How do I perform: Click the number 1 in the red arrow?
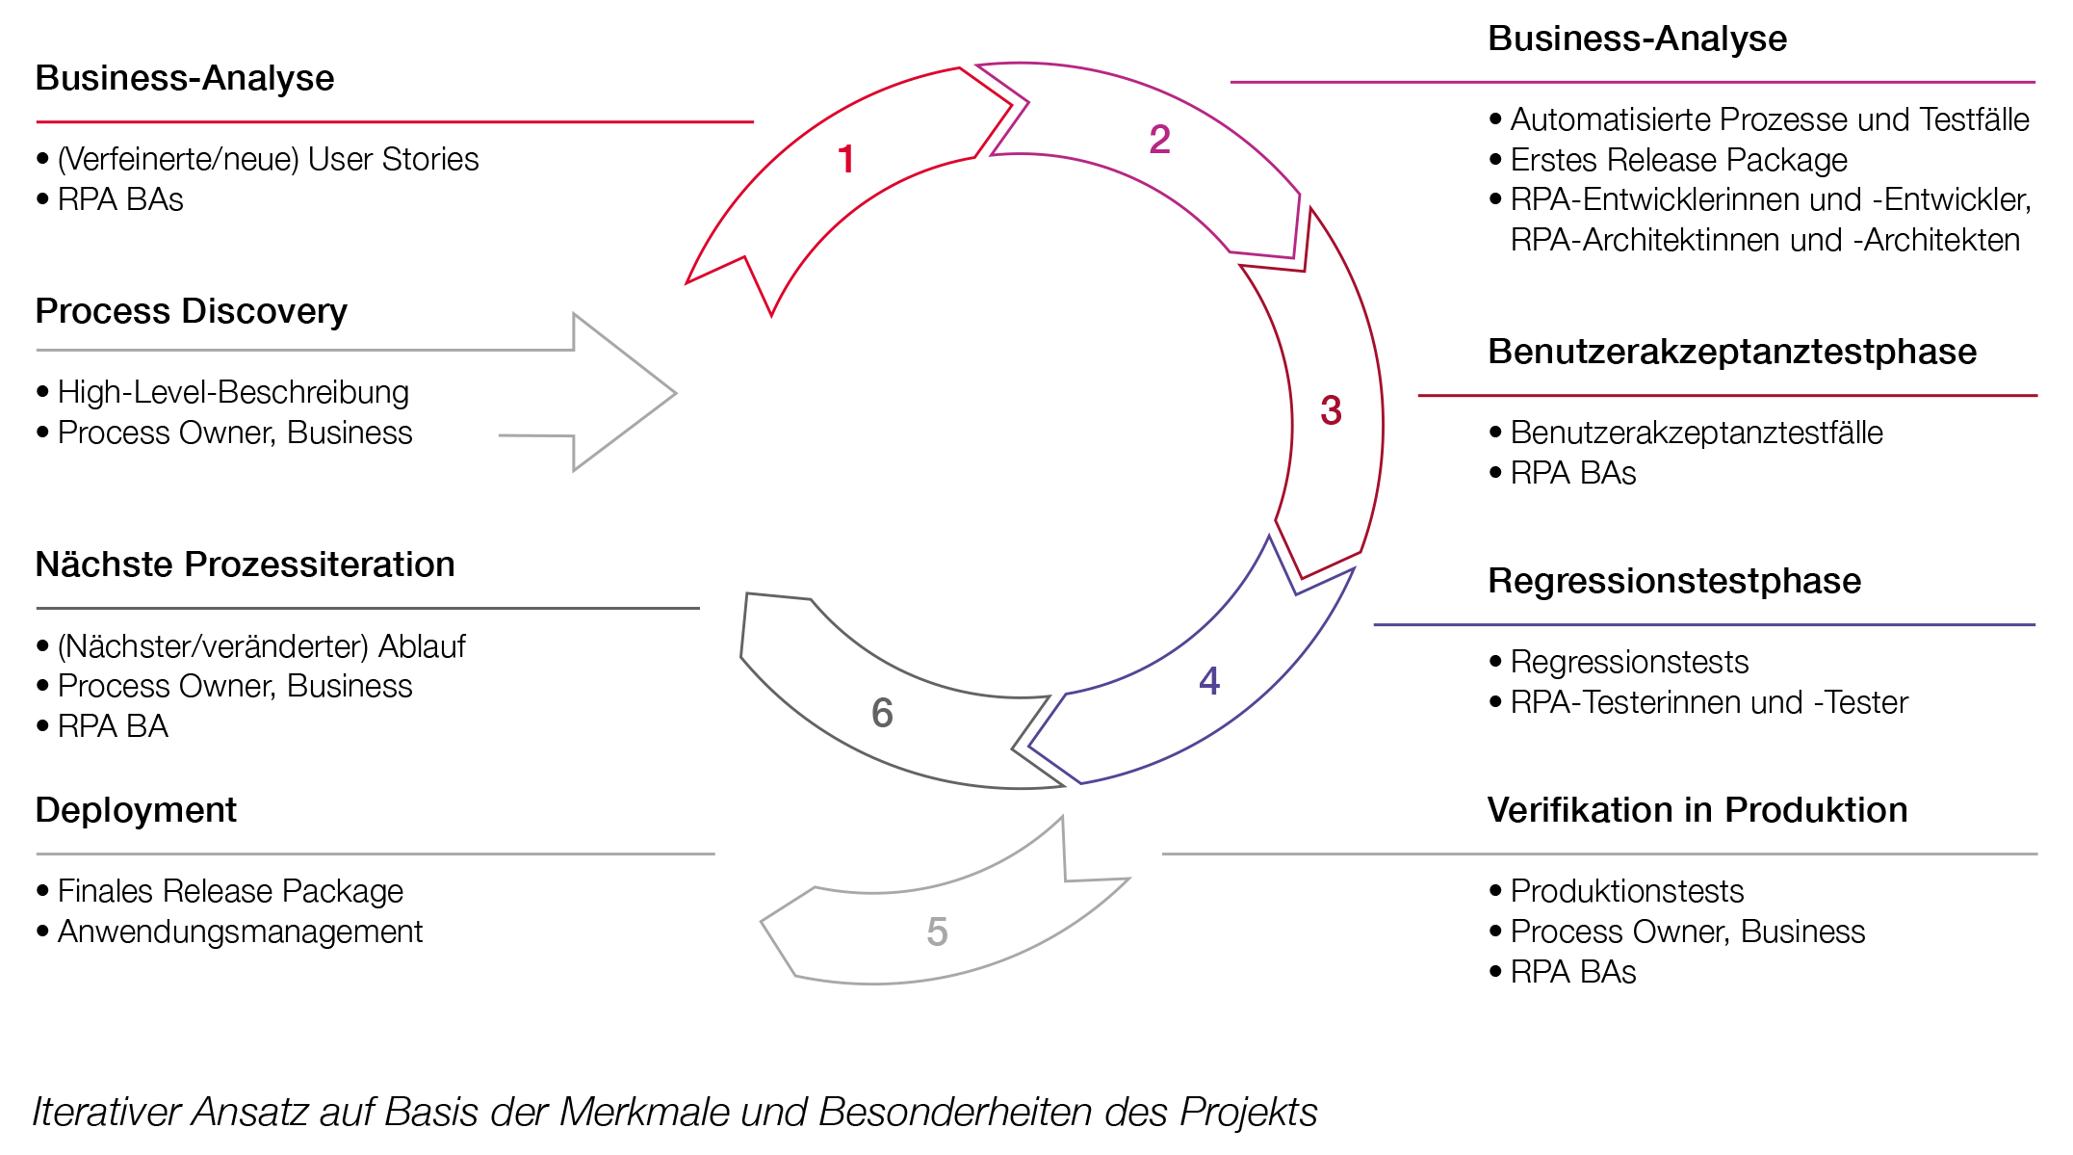(846, 160)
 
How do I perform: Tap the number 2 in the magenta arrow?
(1159, 141)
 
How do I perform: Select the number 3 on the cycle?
(1331, 411)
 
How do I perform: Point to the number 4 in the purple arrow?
(1209, 682)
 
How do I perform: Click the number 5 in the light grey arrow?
(937, 932)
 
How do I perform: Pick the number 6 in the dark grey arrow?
(882, 714)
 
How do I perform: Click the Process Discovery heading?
(191, 311)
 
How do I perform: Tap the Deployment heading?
(136, 810)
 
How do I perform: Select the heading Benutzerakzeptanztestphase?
(1731, 352)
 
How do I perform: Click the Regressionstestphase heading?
(1673, 581)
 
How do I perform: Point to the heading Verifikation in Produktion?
(1697, 810)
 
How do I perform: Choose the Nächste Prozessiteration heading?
(245, 564)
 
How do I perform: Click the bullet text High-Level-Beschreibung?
(233, 392)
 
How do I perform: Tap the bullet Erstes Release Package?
(1678, 160)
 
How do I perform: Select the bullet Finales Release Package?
(230, 891)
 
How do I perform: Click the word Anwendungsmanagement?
(240, 932)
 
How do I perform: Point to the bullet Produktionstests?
(1626, 891)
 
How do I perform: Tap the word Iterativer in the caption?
(107, 1112)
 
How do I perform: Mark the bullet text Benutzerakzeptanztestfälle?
(1696, 433)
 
